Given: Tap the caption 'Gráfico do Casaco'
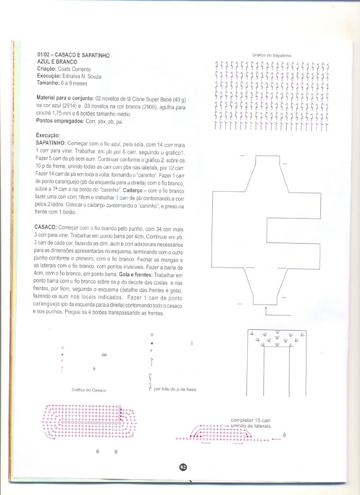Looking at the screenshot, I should (89, 391).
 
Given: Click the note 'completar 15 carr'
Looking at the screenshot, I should (250, 420).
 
